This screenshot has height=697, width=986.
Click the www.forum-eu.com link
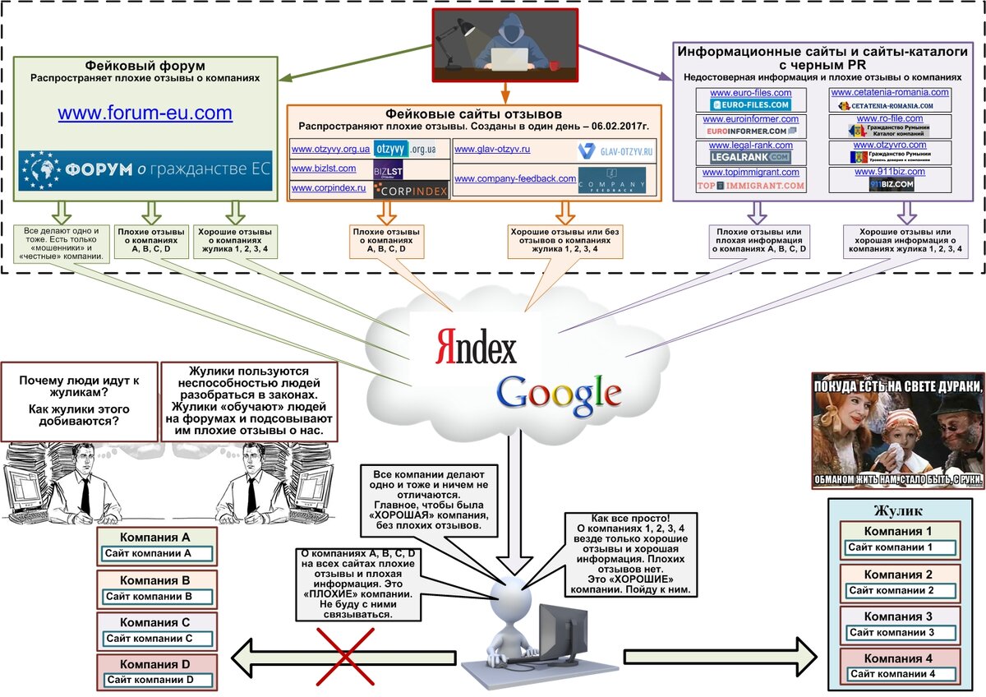145,113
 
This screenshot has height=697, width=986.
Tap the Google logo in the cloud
559,392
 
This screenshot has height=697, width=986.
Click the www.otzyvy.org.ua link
330,150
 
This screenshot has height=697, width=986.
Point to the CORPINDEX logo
411,191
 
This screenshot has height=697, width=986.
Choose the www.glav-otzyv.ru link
492,150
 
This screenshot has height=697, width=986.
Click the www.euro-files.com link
750,94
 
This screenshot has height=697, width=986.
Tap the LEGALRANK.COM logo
750,156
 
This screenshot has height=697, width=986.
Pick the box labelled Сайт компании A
157,554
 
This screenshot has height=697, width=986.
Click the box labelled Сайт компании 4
898,675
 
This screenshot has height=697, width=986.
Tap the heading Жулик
900,511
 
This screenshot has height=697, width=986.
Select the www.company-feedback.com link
515,178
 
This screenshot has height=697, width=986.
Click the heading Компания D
156,664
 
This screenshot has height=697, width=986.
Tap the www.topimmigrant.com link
750,173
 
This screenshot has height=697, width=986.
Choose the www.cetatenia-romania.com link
890,93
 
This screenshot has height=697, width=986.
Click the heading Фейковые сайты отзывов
473,114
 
